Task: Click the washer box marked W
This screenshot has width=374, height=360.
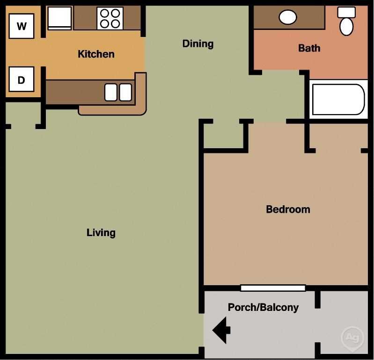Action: [22, 26]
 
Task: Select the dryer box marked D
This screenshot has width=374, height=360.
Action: [22, 79]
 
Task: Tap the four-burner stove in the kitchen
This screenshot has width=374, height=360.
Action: [110, 18]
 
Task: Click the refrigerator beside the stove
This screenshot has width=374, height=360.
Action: [60, 18]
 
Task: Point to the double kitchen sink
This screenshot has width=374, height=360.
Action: [118, 92]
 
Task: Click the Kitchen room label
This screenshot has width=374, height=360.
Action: [96, 54]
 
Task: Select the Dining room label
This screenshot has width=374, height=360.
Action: [198, 44]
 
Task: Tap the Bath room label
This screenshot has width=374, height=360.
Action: [309, 48]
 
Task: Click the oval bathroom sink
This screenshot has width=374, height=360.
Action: [288, 17]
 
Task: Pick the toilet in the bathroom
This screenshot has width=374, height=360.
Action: [346, 22]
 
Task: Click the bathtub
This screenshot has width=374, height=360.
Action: [338, 99]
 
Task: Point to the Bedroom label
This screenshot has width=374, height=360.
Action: [288, 209]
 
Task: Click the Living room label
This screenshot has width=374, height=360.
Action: [101, 232]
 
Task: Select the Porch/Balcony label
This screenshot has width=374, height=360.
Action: [263, 308]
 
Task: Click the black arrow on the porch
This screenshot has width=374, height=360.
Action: [221, 330]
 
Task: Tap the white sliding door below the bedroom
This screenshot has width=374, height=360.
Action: [273, 288]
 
